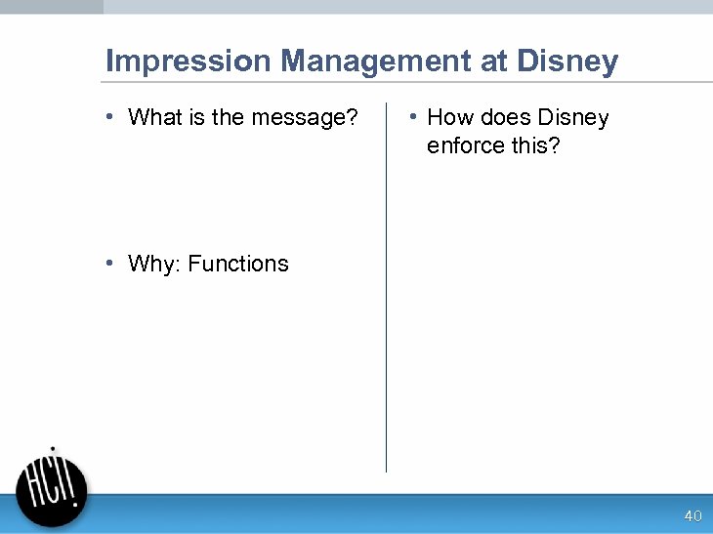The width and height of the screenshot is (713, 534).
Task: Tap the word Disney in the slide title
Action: click(x=567, y=62)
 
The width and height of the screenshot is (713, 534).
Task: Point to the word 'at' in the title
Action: click(x=495, y=62)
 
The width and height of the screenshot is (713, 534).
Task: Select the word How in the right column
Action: click(x=450, y=118)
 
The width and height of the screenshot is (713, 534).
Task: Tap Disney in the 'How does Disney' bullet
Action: click(x=573, y=118)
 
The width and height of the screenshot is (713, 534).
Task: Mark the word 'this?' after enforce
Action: click(x=535, y=146)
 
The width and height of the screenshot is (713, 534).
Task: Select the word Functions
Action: click(x=238, y=265)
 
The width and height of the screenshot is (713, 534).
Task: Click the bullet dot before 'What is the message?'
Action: click(x=113, y=117)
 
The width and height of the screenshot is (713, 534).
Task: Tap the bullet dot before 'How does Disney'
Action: click(x=414, y=117)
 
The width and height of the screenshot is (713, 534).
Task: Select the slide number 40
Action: click(x=692, y=515)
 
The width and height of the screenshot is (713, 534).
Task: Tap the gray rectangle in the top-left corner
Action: click(x=51, y=6)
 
